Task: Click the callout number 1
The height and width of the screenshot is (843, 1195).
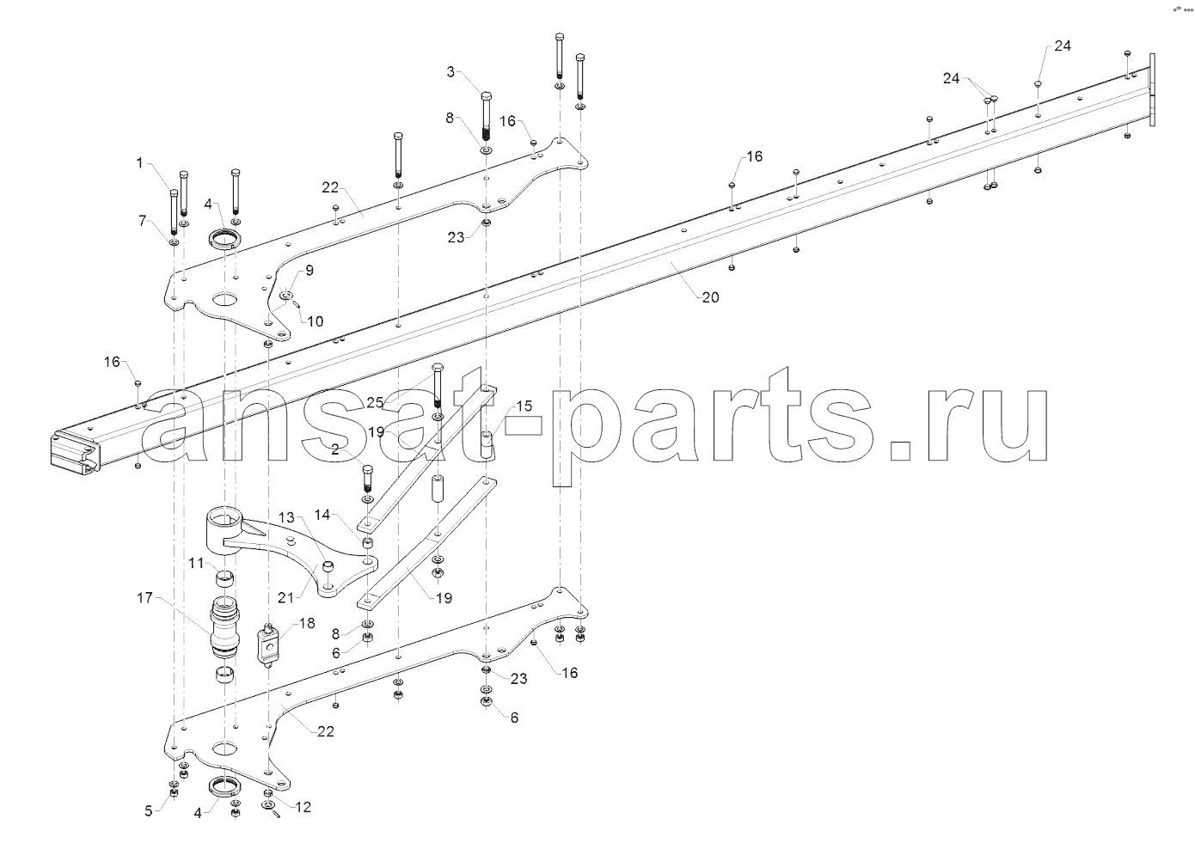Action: click(140, 162)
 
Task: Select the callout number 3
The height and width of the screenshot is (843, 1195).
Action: click(450, 72)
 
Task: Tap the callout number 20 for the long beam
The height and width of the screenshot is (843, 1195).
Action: click(711, 297)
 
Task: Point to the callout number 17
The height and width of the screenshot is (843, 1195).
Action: click(145, 598)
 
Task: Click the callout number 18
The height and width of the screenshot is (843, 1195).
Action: click(307, 623)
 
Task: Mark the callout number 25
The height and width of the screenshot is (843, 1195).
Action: click(375, 402)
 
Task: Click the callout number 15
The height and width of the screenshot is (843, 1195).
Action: click(524, 406)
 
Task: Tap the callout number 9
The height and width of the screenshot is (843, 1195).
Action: click(309, 271)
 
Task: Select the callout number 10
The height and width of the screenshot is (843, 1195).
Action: click(316, 321)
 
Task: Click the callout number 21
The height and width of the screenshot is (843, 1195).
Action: click(286, 598)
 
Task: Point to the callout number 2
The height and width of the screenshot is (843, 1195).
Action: click(335, 449)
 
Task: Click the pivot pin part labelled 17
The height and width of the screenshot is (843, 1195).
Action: click(225, 630)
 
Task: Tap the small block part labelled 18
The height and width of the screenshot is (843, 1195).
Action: click(268, 645)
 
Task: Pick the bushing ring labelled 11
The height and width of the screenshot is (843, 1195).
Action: click(225, 579)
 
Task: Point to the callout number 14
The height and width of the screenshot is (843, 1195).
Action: click(322, 515)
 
